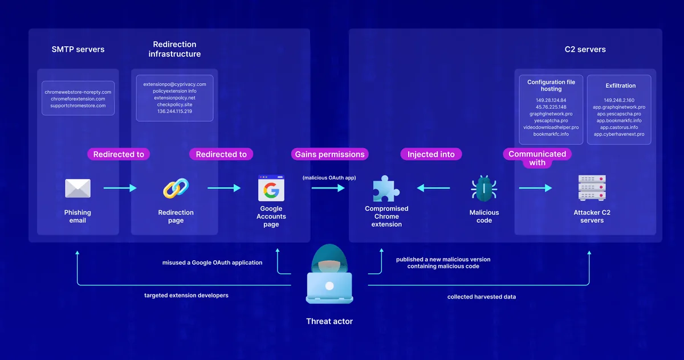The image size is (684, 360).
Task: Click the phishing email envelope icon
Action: pos(78,189)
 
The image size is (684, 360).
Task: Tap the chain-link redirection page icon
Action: pos(176,189)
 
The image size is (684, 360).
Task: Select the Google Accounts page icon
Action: pos(271,187)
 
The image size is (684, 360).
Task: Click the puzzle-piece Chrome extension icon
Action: pos(385,189)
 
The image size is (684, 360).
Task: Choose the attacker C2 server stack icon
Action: pos(592,188)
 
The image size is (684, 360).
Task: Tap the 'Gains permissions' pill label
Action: pos(329,154)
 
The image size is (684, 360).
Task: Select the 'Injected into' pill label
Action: pos(431,154)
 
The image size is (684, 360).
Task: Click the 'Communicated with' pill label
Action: pos(537,158)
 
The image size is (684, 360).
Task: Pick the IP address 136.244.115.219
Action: pos(174,111)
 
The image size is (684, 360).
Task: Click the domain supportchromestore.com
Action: pos(78,106)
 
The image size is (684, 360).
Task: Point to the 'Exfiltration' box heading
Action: pos(621,85)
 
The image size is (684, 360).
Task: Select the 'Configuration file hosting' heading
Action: pos(551,85)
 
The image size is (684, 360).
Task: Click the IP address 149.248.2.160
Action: pos(619,100)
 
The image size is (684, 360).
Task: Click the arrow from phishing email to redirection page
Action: pos(120,187)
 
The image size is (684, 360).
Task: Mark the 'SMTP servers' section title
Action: pos(78,50)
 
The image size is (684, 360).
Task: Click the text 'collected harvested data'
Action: pos(481,297)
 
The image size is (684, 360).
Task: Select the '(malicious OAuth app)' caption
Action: pos(329,178)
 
